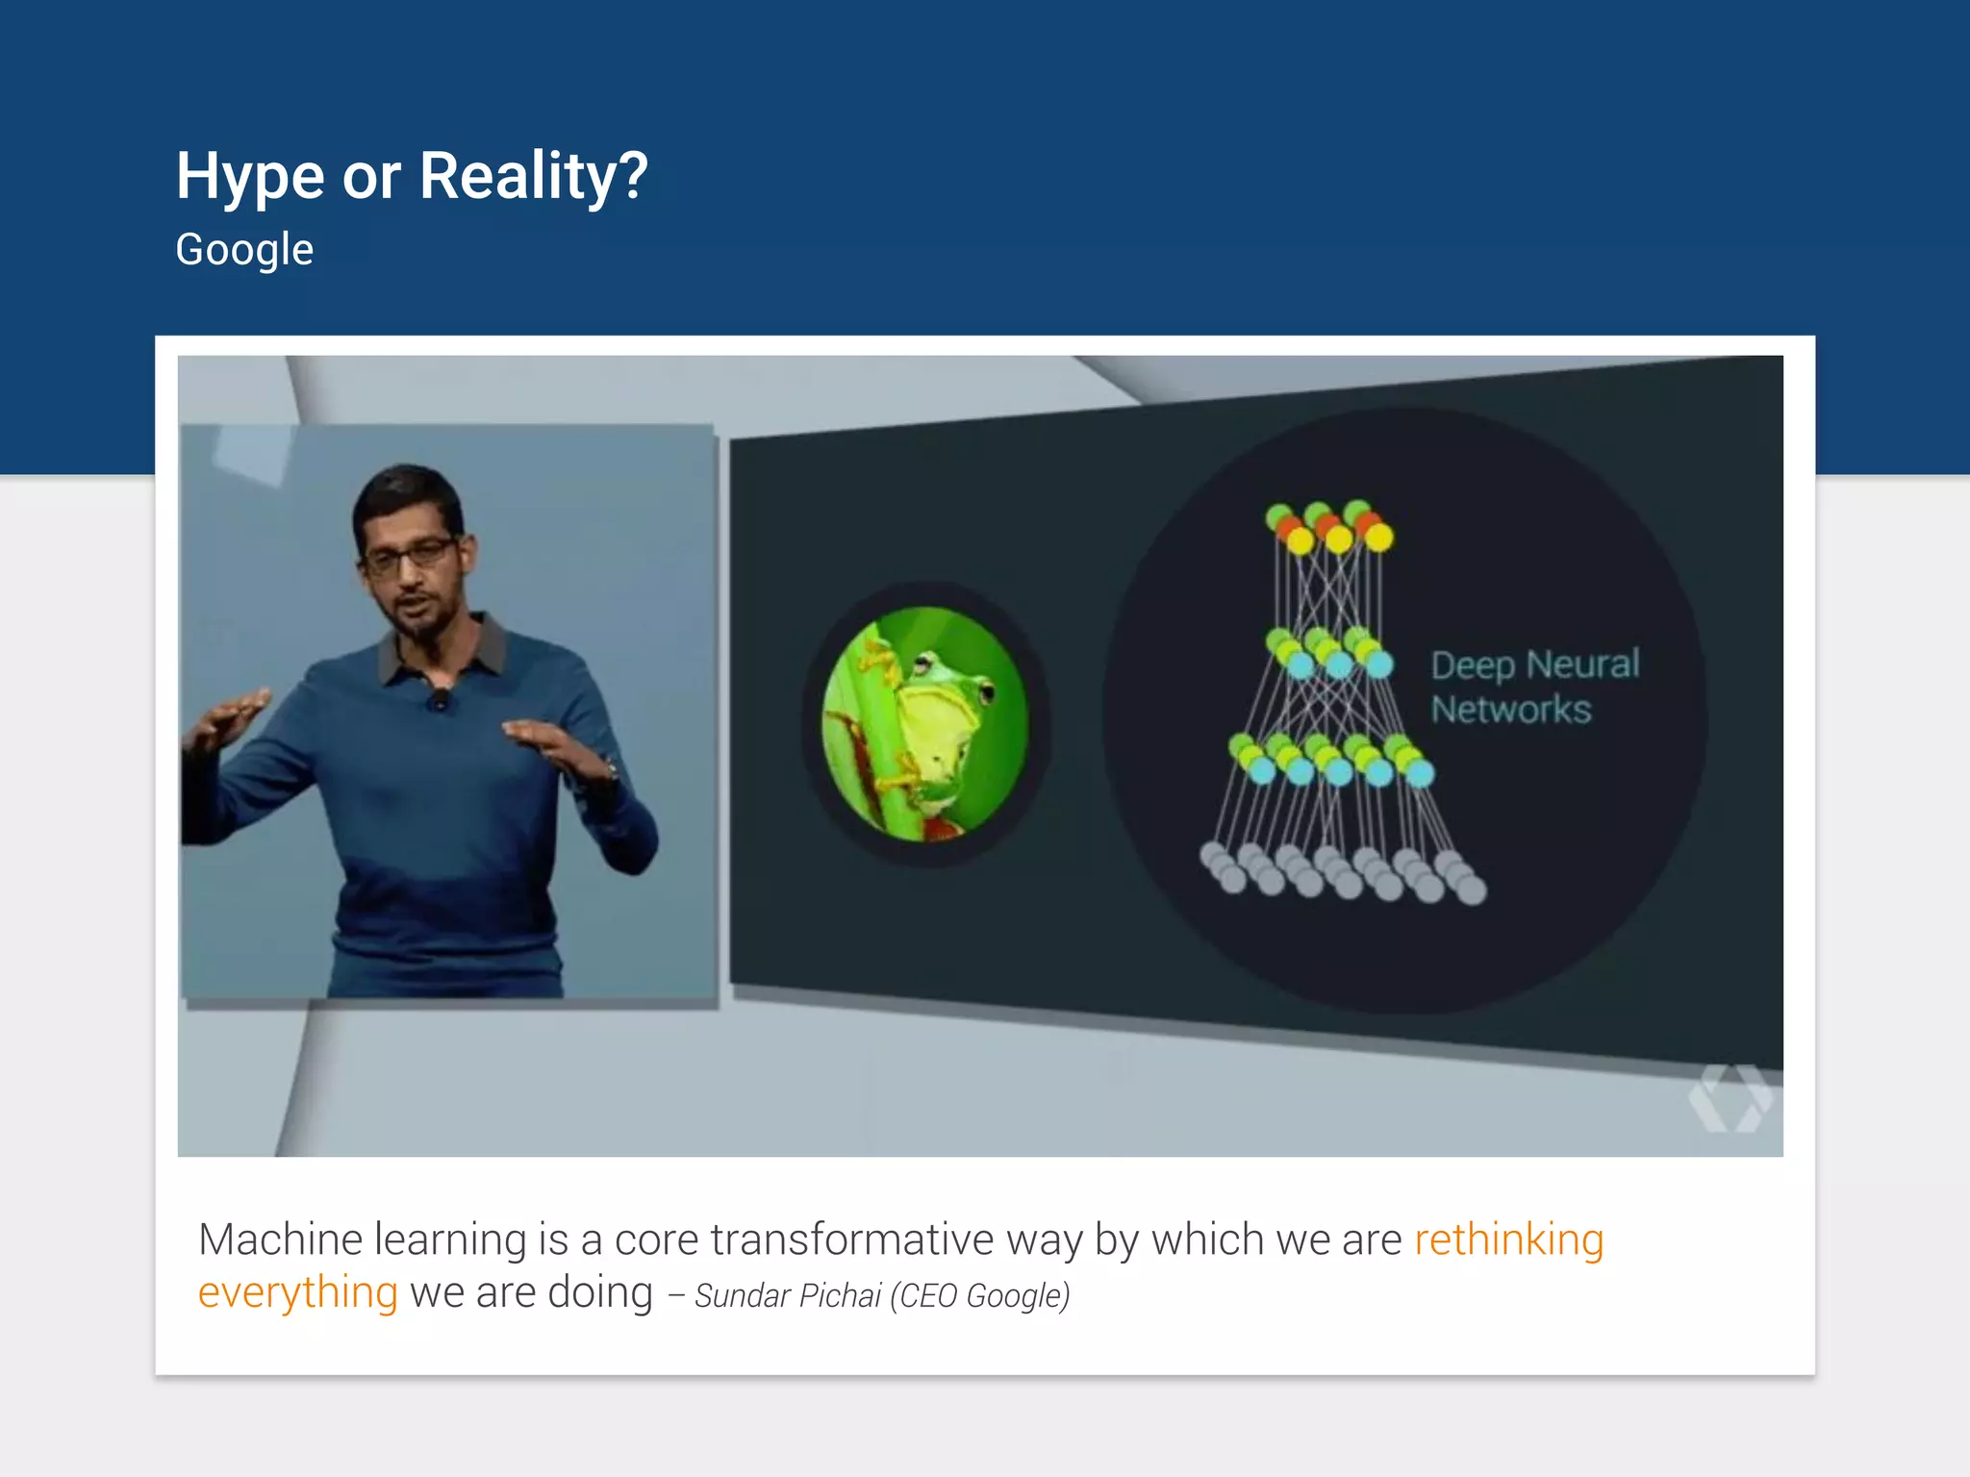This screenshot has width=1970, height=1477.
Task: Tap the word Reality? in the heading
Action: [534, 177]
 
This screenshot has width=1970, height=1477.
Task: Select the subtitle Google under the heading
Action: [244, 250]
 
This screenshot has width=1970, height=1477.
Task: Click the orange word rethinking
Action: [1508, 1239]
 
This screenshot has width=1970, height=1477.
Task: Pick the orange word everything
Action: [297, 1292]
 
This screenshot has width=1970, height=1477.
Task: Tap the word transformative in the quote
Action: [851, 1239]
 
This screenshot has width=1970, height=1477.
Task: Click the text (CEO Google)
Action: [979, 1296]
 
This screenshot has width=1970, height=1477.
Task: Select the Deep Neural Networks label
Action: [1532, 687]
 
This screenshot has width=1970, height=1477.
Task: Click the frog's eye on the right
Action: [985, 688]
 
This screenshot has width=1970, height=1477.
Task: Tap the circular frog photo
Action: [925, 723]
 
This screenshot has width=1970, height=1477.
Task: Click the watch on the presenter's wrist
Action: [608, 769]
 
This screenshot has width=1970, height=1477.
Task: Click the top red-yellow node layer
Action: [1329, 527]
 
